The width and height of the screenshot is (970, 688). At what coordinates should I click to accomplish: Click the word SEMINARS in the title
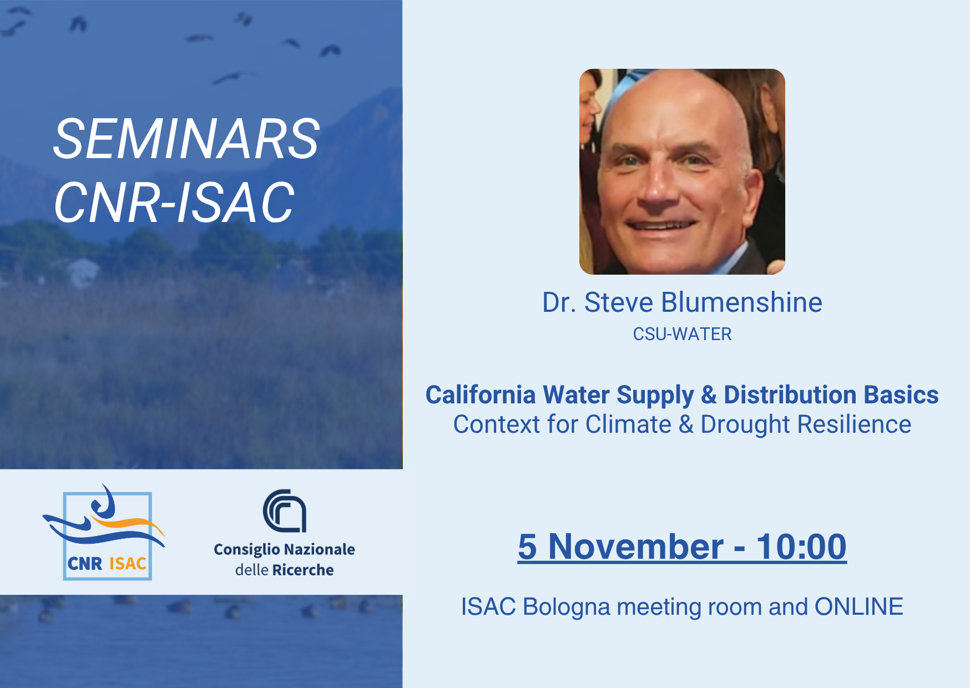pos(186,139)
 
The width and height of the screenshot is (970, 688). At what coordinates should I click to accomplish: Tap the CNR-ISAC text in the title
pos(174,203)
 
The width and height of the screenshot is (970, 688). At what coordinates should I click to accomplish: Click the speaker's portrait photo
pos(682,171)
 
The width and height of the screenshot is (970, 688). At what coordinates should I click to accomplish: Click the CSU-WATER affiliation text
pos(682,334)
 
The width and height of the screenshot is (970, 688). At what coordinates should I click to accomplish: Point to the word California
pos(481,395)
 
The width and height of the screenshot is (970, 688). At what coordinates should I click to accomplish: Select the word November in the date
pos(636,547)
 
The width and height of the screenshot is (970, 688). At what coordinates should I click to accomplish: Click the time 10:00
pos(802,547)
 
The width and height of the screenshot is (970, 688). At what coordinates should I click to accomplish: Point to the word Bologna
pos(567,607)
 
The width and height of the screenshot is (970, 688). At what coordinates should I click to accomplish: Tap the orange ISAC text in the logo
pos(128,564)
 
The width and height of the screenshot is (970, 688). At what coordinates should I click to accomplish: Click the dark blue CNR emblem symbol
pos(285,510)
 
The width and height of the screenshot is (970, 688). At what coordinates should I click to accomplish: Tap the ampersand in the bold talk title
pos(709,395)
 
